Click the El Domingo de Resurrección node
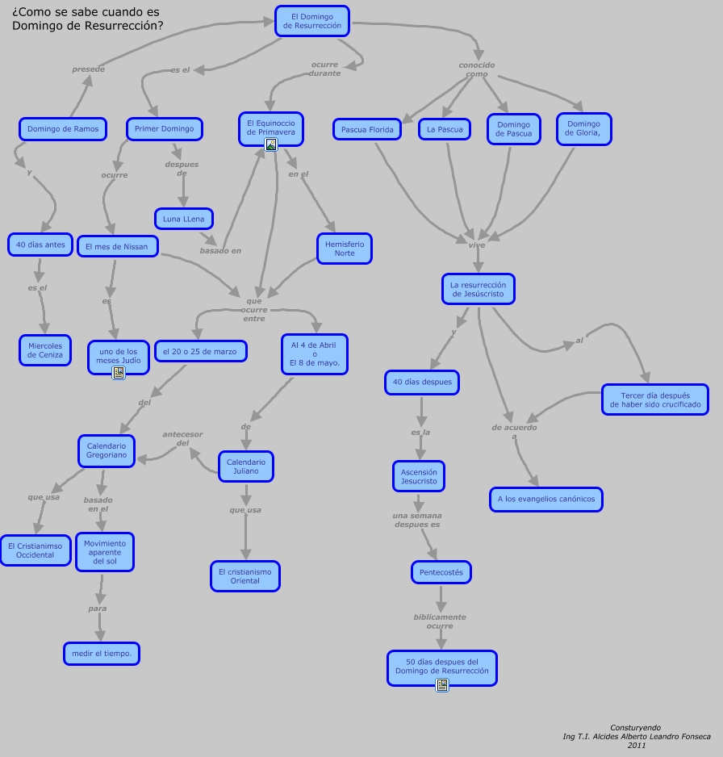[311, 21]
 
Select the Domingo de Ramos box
[63, 129]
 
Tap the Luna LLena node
[183, 219]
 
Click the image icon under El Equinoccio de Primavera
[271, 145]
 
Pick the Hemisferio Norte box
[345, 249]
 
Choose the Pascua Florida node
[367, 129]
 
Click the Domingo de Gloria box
[583, 129]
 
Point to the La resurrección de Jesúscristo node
[478, 289]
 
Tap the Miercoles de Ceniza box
[45, 350]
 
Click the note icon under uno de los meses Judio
[119, 373]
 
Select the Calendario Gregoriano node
[107, 450]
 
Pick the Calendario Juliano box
[246, 466]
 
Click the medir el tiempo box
[102, 654]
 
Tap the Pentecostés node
[441, 573]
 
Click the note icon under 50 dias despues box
[441, 685]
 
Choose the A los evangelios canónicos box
[546, 500]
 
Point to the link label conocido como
[477, 69]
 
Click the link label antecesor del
[182, 438]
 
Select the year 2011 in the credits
[637, 745]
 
